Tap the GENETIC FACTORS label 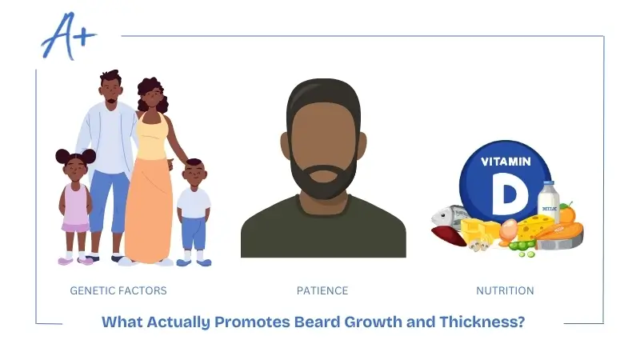[118, 290]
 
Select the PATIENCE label [322, 290]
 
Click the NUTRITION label [505, 290]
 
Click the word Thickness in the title [482, 322]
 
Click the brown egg [509, 231]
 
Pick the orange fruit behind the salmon [567, 214]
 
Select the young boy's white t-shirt [194, 202]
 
